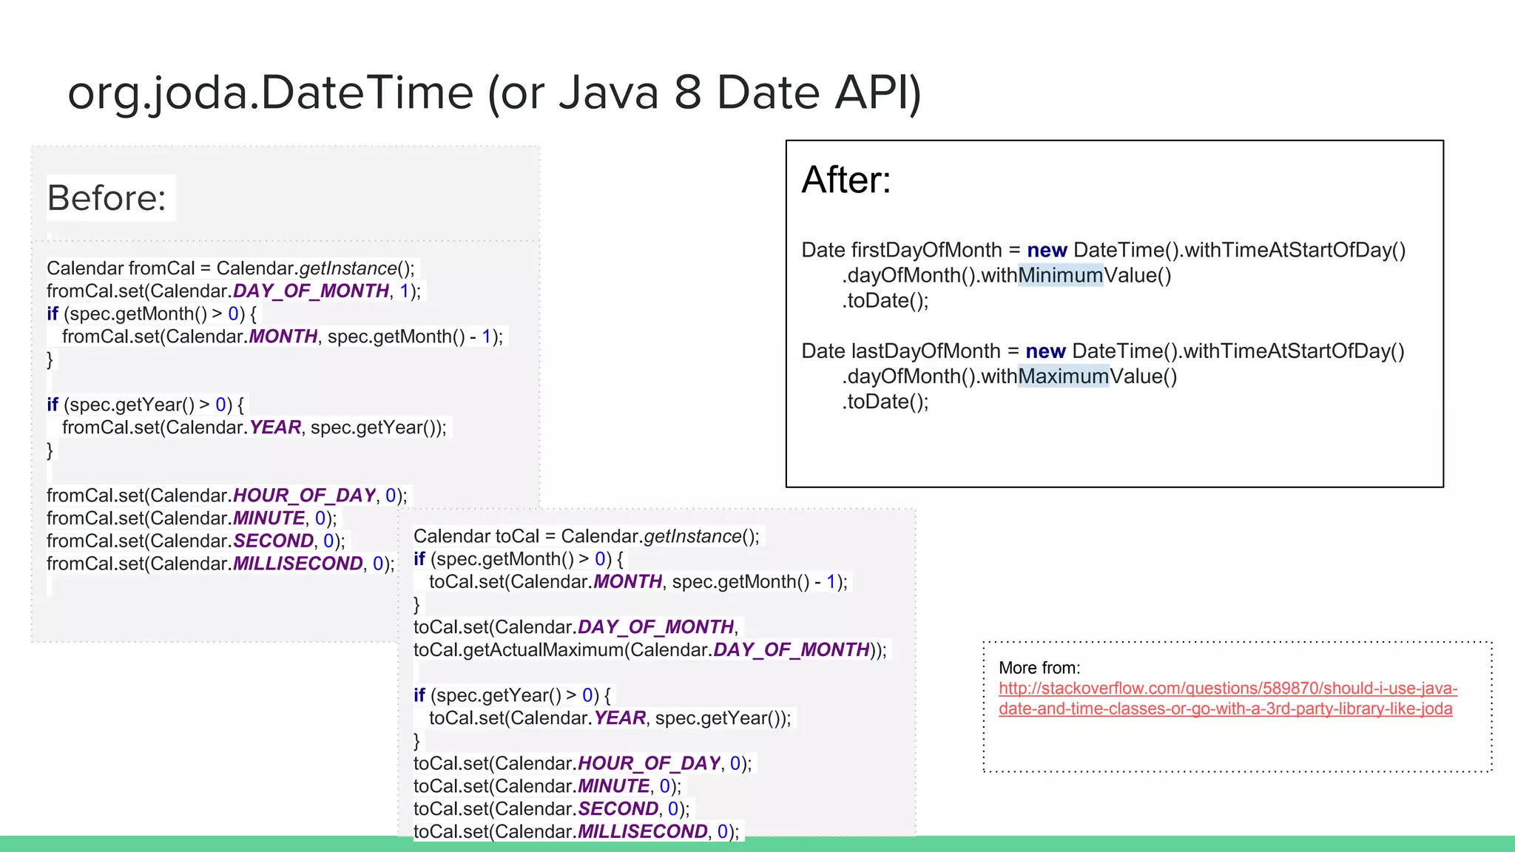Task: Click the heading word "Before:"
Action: [x=107, y=198]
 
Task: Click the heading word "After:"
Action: [x=846, y=180]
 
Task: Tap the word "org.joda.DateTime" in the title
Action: [x=270, y=93]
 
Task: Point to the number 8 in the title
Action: [x=687, y=93]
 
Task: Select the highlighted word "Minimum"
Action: [x=1060, y=276]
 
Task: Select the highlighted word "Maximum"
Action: [x=1063, y=376]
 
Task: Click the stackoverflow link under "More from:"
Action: [x=1227, y=698]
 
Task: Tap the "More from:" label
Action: [x=1039, y=668]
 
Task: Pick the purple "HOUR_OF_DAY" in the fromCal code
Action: [x=304, y=496]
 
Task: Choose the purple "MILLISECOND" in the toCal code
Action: [x=642, y=831]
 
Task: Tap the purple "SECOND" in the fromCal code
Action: [x=273, y=541]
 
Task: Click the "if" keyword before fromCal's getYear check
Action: [x=53, y=405]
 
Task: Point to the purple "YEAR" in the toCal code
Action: [x=620, y=718]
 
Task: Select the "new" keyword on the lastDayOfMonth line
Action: [x=1045, y=351]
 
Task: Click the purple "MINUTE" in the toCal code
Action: [x=613, y=786]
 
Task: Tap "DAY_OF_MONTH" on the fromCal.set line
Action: [x=311, y=291]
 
